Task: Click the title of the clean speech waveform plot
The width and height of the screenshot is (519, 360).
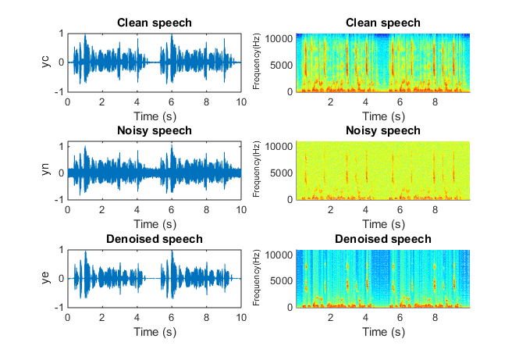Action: [154, 23]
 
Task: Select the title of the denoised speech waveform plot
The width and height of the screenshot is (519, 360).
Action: [154, 238]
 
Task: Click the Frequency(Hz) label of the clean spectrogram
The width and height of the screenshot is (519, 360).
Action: [255, 62]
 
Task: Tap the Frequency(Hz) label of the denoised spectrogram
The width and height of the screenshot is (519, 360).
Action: [255, 278]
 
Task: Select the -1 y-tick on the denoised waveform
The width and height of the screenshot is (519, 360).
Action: [59, 308]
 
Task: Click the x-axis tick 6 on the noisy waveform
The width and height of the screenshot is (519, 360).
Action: [172, 210]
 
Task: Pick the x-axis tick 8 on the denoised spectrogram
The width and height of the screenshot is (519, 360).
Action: [434, 318]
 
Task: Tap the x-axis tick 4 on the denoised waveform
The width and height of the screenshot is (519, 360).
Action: [137, 318]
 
